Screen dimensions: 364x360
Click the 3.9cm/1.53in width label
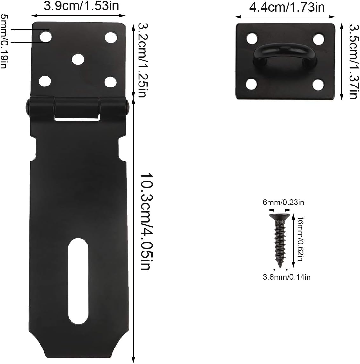(81, 7)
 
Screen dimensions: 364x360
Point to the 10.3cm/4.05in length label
(145, 221)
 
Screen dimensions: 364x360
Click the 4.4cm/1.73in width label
(287, 7)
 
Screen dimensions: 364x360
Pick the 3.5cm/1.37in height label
(352, 60)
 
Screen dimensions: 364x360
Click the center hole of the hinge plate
(78, 59)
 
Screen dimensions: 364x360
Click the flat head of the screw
(279, 217)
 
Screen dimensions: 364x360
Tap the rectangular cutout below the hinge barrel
(75, 118)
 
